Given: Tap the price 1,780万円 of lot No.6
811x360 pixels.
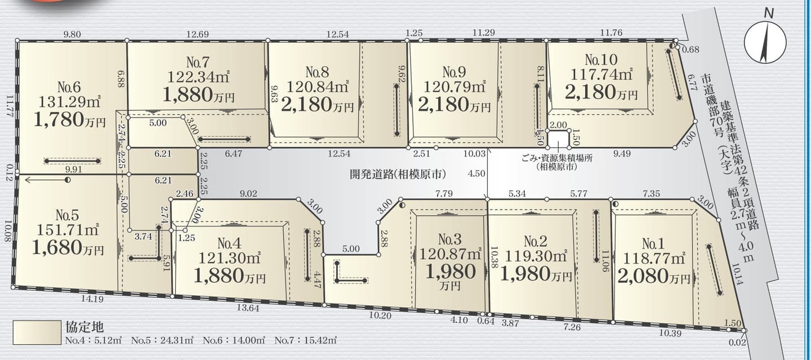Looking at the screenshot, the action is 69,119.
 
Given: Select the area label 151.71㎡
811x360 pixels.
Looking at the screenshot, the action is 68,230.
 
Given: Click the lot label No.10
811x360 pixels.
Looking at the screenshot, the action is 601,59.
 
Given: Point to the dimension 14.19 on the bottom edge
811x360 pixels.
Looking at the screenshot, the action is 92,299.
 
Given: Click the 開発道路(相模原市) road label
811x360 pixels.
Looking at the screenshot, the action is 398,175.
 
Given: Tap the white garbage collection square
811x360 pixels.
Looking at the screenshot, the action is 558,139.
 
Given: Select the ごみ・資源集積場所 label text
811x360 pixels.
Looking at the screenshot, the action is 557,158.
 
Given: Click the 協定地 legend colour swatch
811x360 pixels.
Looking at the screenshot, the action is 37,332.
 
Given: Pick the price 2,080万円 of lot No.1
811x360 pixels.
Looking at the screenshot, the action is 653,276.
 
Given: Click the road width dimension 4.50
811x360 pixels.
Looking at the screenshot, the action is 476,174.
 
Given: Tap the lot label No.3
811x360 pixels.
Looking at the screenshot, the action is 449,239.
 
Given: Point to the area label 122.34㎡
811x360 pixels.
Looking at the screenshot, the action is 198,77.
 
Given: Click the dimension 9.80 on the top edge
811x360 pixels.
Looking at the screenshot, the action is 72,34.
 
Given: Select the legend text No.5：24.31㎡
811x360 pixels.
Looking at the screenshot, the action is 162,340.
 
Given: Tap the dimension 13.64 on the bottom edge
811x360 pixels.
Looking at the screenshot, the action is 248,308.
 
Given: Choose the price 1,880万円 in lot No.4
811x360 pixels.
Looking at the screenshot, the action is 230,276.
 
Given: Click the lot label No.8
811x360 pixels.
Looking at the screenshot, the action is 317,72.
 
